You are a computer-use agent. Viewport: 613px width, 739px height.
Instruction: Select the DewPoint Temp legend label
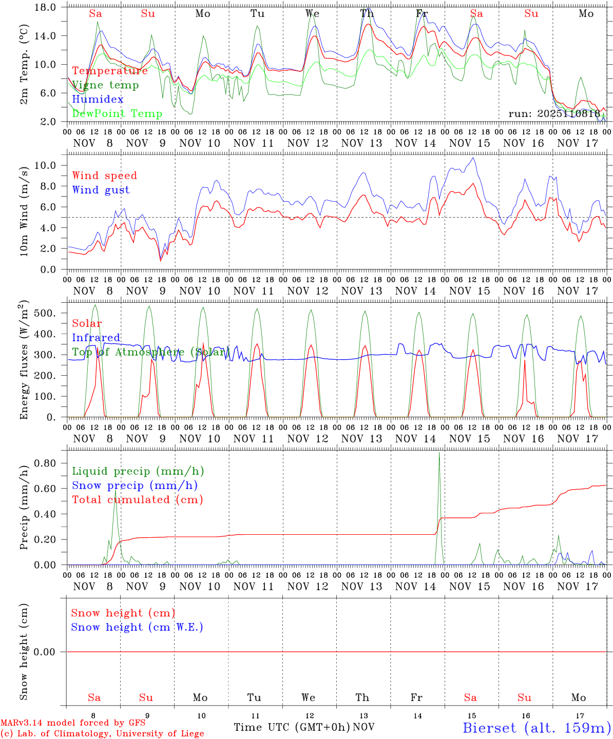click(117, 114)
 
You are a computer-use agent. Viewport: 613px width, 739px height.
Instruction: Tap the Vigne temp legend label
click(105, 85)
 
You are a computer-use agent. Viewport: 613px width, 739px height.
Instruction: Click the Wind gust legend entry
click(101, 190)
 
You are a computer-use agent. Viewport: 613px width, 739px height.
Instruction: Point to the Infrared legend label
click(96, 338)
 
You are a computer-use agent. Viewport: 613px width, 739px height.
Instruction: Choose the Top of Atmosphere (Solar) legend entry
click(150, 352)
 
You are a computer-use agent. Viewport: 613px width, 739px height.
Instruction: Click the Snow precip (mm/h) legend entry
click(135, 485)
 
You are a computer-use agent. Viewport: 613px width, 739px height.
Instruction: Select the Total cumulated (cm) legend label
click(137, 500)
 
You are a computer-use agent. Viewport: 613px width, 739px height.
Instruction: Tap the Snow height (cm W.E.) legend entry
click(137, 627)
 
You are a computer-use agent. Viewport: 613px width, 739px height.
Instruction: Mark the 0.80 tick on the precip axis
click(46, 463)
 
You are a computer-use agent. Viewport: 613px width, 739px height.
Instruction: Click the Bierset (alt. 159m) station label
click(537, 728)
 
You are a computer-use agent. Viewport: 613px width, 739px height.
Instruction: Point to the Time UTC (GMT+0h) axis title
click(292, 727)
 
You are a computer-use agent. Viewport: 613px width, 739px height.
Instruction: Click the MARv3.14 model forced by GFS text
click(73, 723)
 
